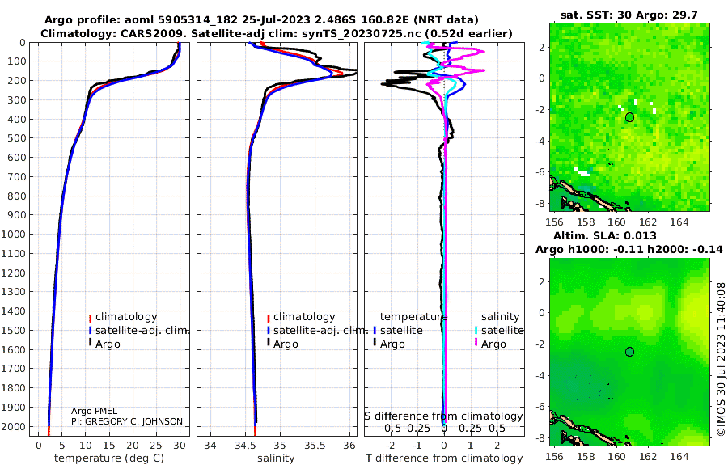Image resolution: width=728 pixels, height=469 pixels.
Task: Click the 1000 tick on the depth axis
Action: point(17,234)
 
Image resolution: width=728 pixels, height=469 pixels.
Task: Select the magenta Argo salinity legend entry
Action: point(493,344)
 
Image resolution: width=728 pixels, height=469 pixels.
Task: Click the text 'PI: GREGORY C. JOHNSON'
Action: point(127,421)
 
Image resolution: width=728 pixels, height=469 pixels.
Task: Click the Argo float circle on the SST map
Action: point(629,117)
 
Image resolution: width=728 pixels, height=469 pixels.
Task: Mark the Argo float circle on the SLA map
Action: point(629,352)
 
